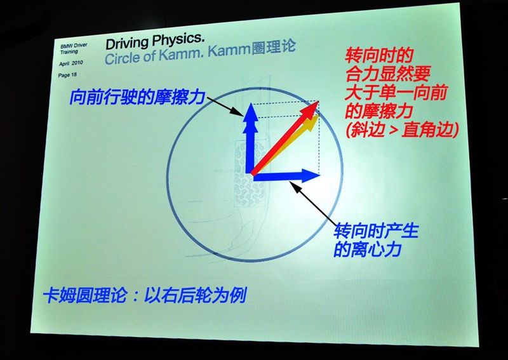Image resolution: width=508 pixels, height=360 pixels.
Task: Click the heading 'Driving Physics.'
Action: [x=155, y=41]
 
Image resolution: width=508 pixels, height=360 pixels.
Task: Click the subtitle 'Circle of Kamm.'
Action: [x=154, y=55]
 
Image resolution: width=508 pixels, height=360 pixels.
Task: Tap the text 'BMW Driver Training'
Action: [x=74, y=48]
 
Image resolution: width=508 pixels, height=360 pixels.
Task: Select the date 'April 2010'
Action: [x=70, y=63]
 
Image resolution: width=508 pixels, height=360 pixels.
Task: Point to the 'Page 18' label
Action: [x=67, y=75]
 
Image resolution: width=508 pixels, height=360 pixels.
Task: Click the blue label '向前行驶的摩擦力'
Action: [x=137, y=97]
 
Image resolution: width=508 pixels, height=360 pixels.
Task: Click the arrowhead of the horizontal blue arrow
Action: [x=311, y=176]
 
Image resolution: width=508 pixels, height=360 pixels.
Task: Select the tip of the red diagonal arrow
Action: [x=318, y=102]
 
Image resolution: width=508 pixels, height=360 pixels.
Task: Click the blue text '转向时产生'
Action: [x=376, y=230]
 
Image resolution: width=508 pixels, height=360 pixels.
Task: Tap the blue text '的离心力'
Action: [x=368, y=249]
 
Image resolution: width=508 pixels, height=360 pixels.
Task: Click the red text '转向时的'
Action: [x=378, y=55]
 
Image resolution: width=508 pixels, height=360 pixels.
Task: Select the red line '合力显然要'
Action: [x=387, y=74]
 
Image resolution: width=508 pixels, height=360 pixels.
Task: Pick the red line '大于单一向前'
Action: [x=396, y=93]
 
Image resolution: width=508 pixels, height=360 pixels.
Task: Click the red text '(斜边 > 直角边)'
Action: [x=402, y=130]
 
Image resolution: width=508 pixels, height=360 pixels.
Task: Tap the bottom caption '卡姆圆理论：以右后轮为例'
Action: [x=145, y=295]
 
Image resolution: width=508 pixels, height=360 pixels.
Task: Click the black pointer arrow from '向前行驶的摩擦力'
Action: [x=225, y=106]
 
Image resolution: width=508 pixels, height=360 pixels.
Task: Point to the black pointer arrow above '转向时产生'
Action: [x=312, y=203]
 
